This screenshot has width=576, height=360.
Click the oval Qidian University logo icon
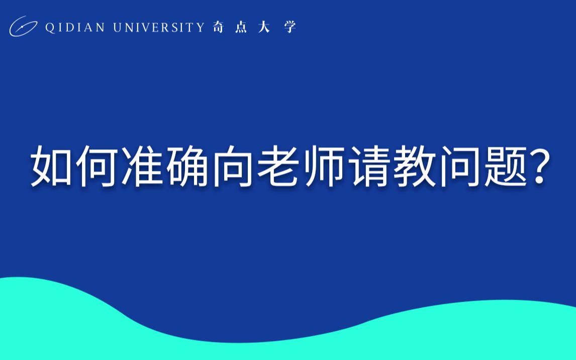pyautogui.click(x=23, y=27)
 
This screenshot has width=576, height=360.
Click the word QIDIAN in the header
pyautogui.click(x=75, y=28)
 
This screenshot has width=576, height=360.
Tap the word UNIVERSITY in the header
pyautogui.click(x=159, y=28)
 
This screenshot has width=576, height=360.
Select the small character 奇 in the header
pyautogui.click(x=218, y=28)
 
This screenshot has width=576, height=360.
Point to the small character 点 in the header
pyautogui.click(x=241, y=28)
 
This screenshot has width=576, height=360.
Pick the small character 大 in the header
pyautogui.click(x=264, y=28)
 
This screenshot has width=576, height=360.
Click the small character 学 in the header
pyautogui.click(x=290, y=28)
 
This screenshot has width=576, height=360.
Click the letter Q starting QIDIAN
pyautogui.click(x=50, y=28)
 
